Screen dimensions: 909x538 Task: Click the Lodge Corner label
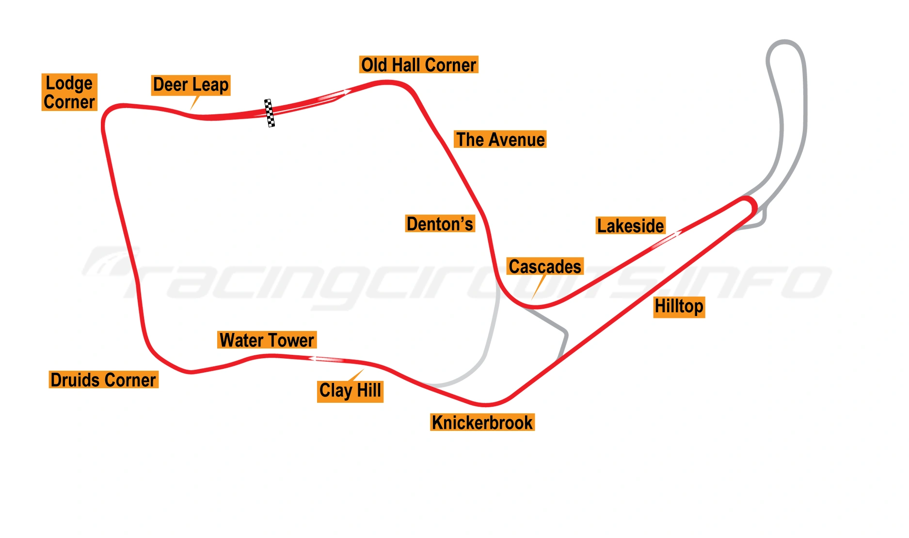coord(69,92)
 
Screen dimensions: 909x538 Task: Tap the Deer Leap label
coord(191,85)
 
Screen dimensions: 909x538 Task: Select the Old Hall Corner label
coord(418,65)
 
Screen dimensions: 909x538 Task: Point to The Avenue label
coord(500,140)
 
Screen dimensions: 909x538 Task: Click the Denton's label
coord(440,224)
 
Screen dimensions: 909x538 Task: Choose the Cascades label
coord(544,267)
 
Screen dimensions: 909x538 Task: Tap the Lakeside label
coord(630,226)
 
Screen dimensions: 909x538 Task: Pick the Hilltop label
coord(679,307)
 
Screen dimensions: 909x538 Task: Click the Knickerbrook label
coord(482,423)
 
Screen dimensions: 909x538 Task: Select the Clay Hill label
coord(351,391)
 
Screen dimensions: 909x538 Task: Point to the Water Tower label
coord(267,340)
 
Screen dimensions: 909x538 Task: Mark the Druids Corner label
coord(103,380)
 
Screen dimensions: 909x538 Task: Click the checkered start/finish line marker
coord(270,113)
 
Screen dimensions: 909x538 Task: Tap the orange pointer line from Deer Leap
coord(195,102)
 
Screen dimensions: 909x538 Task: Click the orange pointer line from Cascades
coord(538,288)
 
